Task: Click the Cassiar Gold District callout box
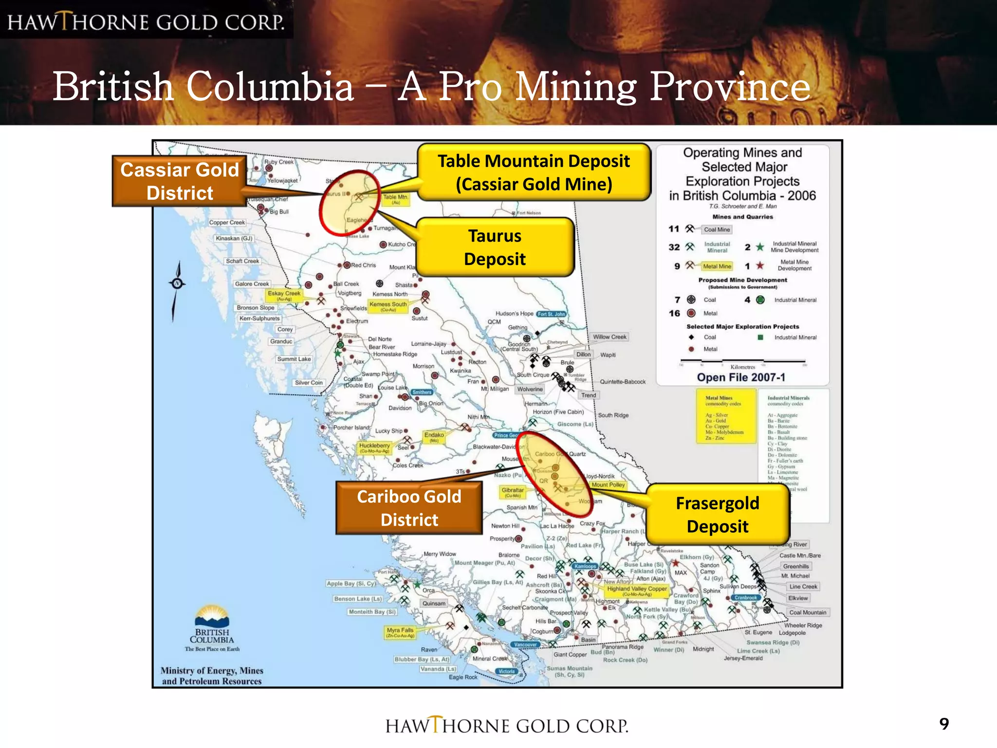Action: [x=180, y=181]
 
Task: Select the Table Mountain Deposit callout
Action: [x=534, y=172]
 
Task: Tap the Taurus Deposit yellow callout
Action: [x=495, y=247]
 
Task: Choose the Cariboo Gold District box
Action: [x=409, y=508]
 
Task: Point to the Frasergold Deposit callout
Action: [x=717, y=514]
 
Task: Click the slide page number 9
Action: [x=944, y=724]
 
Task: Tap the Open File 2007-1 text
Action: [x=741, y=377]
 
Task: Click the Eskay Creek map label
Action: [x=284, y=295]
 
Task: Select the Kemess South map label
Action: [x=388, y=305]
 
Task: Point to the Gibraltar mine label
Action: [x=513, y=492]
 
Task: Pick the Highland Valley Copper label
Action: [x=637, y=590]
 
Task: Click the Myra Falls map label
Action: [x=400, y=632]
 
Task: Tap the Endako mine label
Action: [x=434, y=436]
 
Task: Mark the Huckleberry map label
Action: [x=374, y=447]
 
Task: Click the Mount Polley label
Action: [x=608, y=485]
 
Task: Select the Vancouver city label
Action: [x=526, y=645]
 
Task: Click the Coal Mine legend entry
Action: [x=717, y=229]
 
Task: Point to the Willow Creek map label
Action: [x=609, y=337]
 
